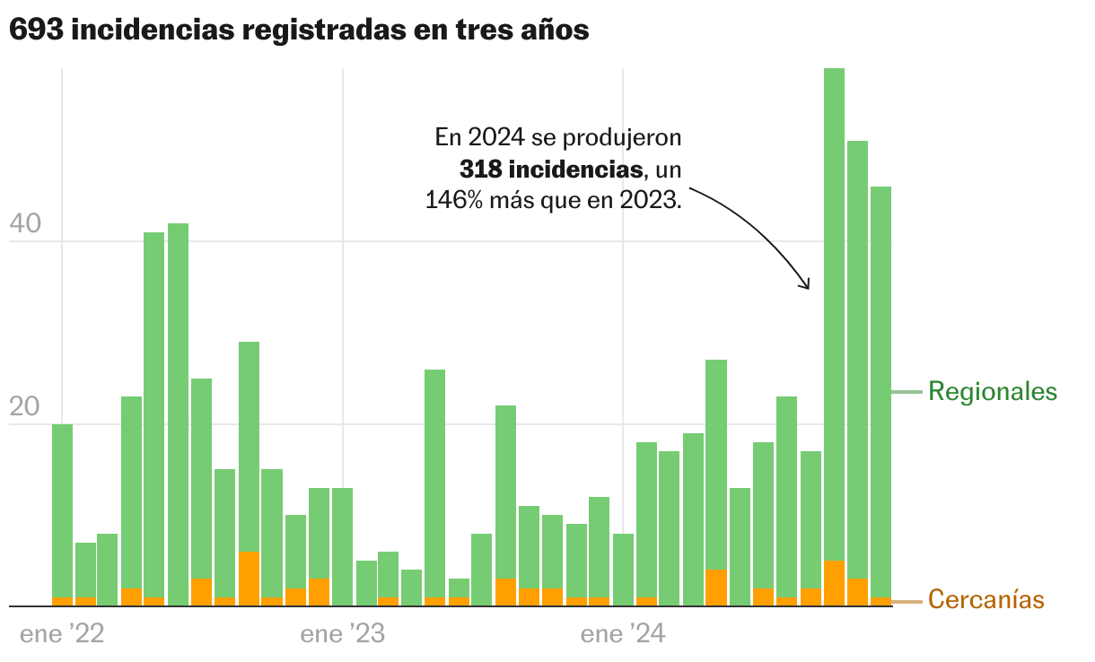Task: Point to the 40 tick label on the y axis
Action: (x=25, y=223)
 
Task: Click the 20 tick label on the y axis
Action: (x=25, y=406)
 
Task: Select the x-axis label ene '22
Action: (x=62, y=635)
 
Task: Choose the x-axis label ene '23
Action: (x=343, y=635)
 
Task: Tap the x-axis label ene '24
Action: (x=624, y=635)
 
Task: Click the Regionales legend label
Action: (x=993, y=392)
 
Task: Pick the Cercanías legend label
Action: (x=986, y=599)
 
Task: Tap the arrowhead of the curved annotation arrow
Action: (x=806, y=285)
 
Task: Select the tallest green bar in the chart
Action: (x=835, y=314)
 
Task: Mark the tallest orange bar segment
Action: (x=250, y=579)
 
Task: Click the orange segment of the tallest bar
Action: (x=835, y=583)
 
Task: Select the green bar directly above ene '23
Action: (x=343, y=546)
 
